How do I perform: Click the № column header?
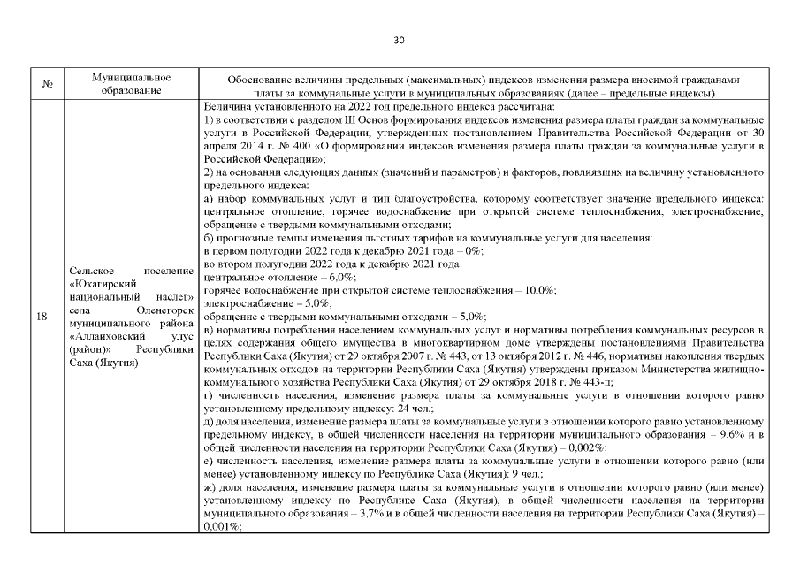tap(46, 86)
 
